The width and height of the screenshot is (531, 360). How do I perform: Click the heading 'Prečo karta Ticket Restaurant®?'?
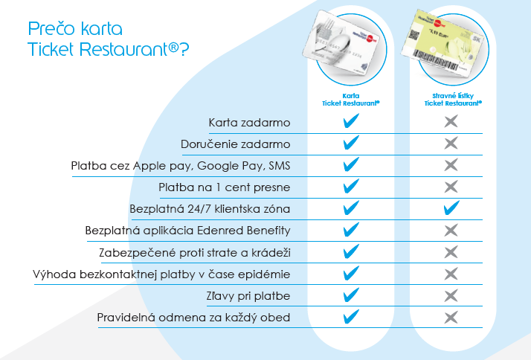coord(109,39)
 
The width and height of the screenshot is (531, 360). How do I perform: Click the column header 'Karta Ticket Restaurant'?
coord(351,100)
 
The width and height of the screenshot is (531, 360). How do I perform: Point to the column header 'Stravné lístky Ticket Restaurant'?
coord(453,100)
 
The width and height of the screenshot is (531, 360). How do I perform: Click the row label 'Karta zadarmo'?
coord(250,123)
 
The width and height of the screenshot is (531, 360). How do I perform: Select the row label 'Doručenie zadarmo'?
coord(236,144)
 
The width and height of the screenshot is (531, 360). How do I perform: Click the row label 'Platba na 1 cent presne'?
coord(225,187)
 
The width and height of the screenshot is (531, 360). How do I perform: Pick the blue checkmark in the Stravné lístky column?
coord(451,208)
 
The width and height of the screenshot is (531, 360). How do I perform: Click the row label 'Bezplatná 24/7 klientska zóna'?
coord(210,209)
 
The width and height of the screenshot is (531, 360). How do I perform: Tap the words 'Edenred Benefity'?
coord(244,231)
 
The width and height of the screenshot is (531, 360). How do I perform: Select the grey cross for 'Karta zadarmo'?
coord(451,121)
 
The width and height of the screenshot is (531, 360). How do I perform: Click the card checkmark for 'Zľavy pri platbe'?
coord(351,295)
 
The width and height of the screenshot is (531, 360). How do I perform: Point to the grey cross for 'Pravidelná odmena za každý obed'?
coord(451,318)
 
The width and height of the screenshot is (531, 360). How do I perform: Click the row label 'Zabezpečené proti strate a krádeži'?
coord(195,253)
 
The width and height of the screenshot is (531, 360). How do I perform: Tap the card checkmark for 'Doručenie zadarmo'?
coord(351,143)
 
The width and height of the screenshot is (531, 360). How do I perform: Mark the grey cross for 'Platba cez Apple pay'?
coord(451,165)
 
